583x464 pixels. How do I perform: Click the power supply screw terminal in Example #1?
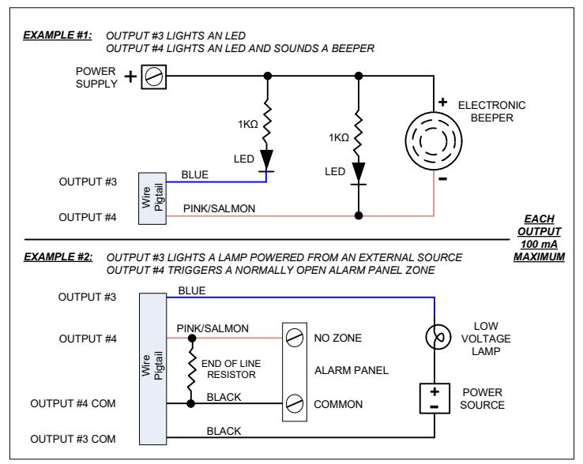[153, 77]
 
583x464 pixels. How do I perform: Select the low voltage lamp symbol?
[438, 337]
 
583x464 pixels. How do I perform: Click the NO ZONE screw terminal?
[295, 338]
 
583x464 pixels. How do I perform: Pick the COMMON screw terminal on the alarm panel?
[295, 403]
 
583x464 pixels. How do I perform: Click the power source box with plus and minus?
[434, 399]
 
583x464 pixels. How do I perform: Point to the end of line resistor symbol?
[191, 371]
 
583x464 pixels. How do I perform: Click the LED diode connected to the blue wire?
[266, 160]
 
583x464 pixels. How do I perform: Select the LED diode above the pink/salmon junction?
[359, 174]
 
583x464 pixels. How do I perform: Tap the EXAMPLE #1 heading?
[58, 36]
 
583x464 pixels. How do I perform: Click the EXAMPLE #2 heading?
[58, 256]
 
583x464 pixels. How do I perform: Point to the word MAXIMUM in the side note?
[539, 256]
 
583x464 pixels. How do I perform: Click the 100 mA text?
[539, 244]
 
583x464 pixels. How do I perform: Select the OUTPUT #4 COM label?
[73, 403]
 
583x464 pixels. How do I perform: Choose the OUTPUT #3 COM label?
[73, 439]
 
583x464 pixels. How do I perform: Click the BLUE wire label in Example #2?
[192, 290]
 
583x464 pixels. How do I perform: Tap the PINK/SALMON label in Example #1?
[219, 208]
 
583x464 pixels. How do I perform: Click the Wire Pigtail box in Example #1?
[152, 198]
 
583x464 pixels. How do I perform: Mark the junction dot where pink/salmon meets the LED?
[359, 215]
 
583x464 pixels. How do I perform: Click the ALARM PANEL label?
[352, 370]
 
